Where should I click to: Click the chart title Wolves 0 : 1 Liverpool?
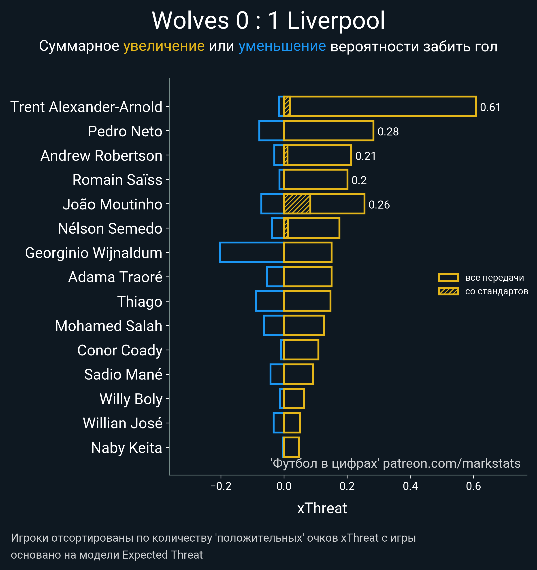[268, 21]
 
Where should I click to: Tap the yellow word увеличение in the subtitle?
[164, 46]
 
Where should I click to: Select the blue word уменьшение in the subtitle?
[282, 46]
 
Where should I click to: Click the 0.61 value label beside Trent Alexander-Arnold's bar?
[490, 107]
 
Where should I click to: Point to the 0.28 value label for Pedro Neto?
[388, 132]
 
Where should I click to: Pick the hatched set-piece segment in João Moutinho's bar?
[297, 204]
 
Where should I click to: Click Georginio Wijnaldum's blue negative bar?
[251, 252]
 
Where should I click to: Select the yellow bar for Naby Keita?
[292, 447]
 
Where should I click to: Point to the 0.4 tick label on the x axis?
[410, 486]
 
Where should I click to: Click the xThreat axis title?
[322, 508]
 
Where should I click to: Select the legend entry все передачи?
[494, 278]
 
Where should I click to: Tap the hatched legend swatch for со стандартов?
[448, 291]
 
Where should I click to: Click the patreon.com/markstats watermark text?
[452, 463]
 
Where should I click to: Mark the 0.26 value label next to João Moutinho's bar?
[379, 205]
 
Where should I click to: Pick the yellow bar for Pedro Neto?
[328, 131]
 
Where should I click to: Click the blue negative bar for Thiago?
[269, 301]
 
